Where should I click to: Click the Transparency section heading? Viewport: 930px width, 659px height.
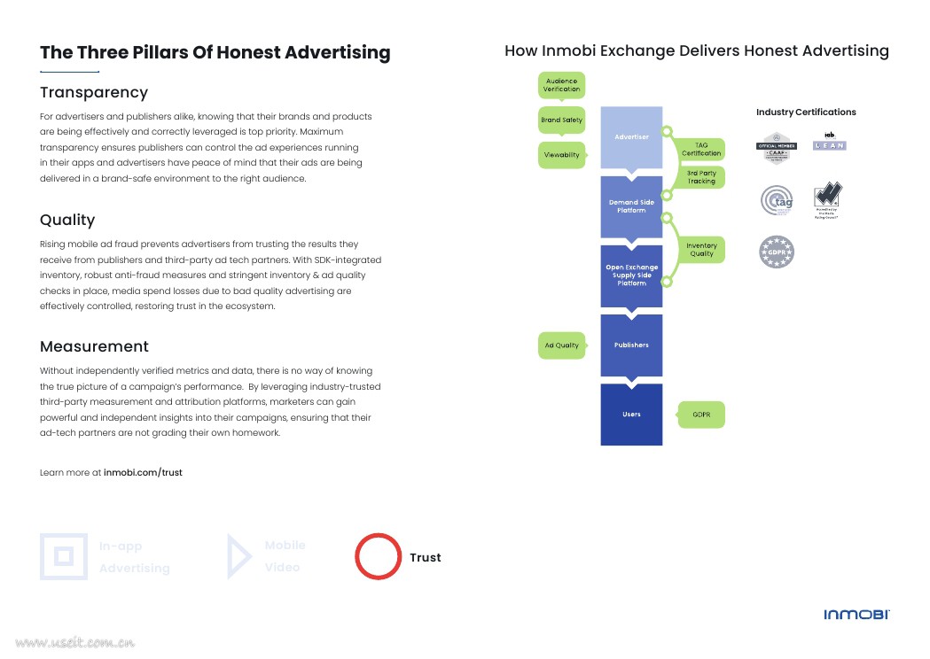pyautogui.click(x=94, y=92)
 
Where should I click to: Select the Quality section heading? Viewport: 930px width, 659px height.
pyautogui.click(x=67, y=220)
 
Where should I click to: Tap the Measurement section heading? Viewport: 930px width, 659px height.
pyautogui.click(x=94, y=346)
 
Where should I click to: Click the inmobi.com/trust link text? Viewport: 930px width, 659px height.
pyautogui.click(x=143, y=472)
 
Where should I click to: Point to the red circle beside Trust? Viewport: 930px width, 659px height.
pyautogui.click(x=379, y=556)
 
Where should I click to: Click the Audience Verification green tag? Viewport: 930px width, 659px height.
pyautogui.click(x=561, y=85)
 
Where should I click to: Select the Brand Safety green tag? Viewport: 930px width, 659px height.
pyautogui.click(x=561, y=120)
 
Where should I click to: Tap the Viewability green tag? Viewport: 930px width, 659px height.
pyautogui.click(x=561, y=155)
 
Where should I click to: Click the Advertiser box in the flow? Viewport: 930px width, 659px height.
pyautogui.click(x=631, y=137)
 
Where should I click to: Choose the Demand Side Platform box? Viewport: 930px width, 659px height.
pyautogui.click(x=631, y=206)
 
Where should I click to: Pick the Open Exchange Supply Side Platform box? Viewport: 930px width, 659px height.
pyautogui.click(x=631, y=275)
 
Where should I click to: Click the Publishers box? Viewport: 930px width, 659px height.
pyautogui.click(x=631, y=345)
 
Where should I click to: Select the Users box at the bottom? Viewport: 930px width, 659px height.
pyautogui.click(x=631, y=414)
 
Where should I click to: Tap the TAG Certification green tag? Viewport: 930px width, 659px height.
pyautogui.click(x=701, y=149)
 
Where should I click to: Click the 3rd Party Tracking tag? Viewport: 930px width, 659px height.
pyautogui.click(x=701, y=177)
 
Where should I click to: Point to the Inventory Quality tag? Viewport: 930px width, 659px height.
pyautogui.click(x=701, y=250)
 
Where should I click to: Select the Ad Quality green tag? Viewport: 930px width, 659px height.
pyautogui.click(x=561, y=345)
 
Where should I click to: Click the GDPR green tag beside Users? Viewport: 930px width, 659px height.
pyautogui.click(x=701, y=414)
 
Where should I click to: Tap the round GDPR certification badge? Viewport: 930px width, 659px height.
pyautogui.click(x=777, y=252)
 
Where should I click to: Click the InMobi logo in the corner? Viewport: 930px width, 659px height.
pyautogui.click(x=856, y=615)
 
